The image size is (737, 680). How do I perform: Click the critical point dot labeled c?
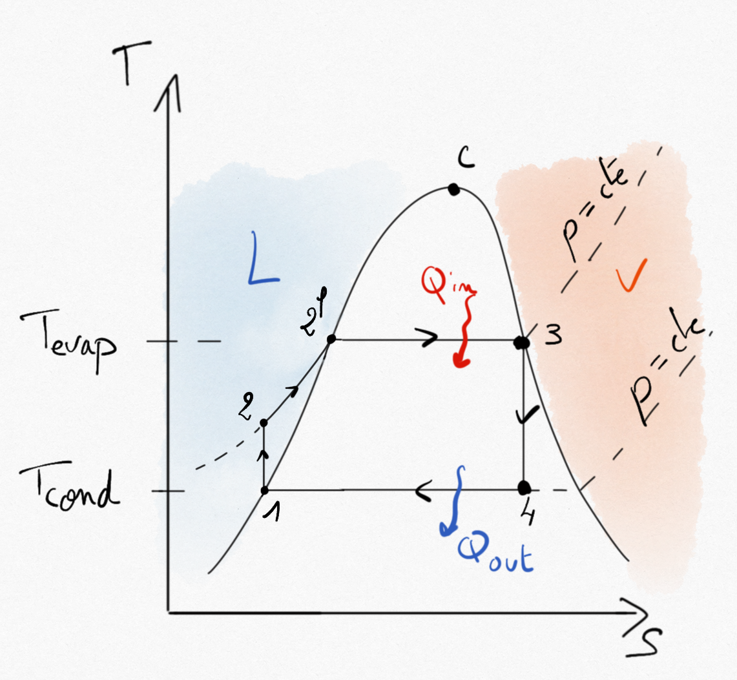click(453, 189)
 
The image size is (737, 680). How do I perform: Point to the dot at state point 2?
click(264, 423)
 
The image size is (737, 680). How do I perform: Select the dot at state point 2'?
click(331, 339)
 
